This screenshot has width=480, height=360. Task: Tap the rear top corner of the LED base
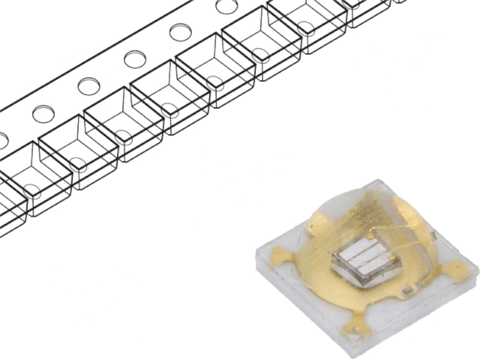coord(375,181)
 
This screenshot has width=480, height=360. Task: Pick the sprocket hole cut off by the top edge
coord(227,5)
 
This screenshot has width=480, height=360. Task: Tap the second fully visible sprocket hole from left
coord(89,86)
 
